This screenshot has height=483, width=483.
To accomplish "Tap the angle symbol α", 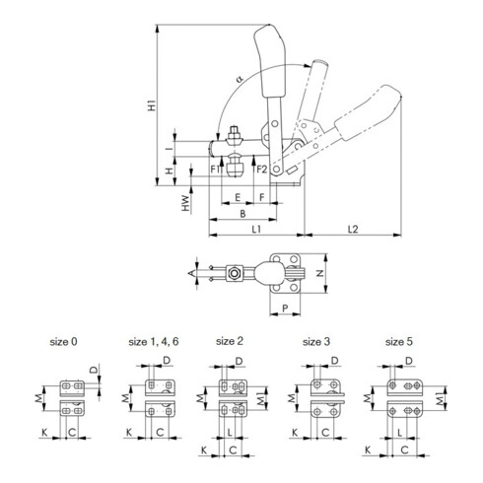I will [240, 78].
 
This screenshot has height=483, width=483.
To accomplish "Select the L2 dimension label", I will [353, 230].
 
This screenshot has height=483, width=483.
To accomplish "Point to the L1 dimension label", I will [255, 230].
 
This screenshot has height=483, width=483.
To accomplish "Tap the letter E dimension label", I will [238, 197].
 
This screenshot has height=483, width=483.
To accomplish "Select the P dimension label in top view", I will [284, 307].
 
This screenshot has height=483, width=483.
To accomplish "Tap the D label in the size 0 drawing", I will [94, 370].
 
